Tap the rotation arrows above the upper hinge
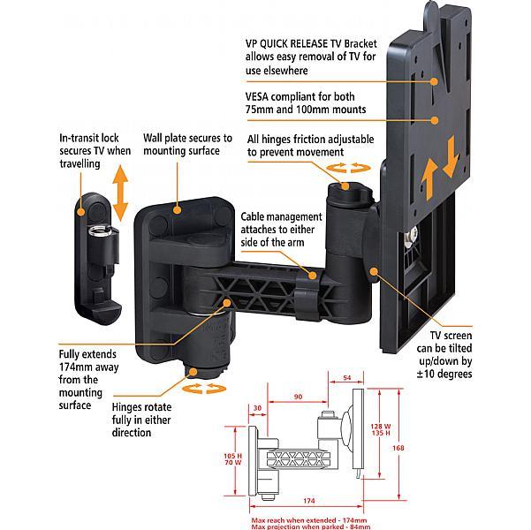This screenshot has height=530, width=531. pyautogui.click(x=344, y=168)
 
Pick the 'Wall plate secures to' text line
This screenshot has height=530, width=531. pyautogui.click(x=186, y=139)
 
